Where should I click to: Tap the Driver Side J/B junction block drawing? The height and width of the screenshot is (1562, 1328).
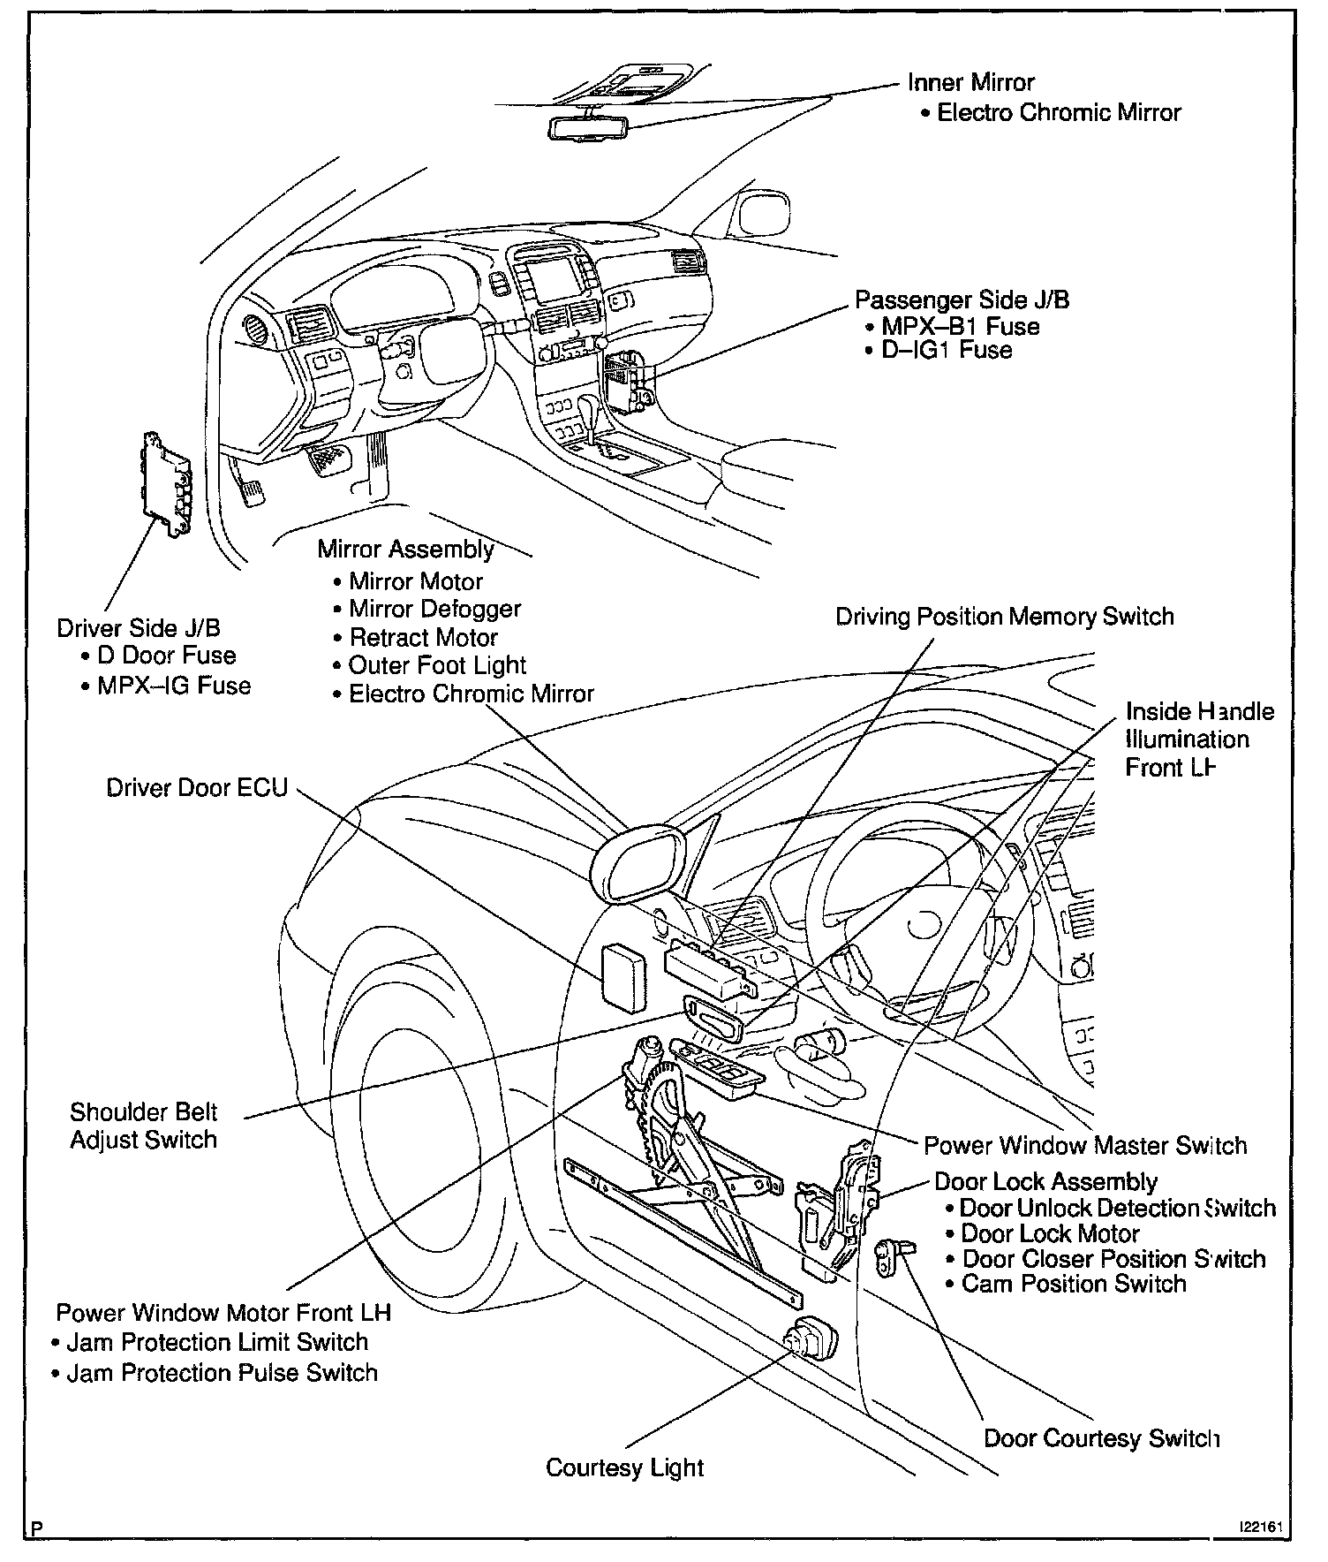click(x=168, y=484)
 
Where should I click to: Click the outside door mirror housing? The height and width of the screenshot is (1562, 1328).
click(x=640, y=861)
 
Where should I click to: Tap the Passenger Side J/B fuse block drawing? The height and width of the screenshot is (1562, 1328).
click(x=628, y=383)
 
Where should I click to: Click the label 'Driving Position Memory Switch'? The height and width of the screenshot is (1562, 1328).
click(x=1005, y=616)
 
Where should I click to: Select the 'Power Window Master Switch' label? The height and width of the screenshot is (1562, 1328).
click(x=1085, y=1146)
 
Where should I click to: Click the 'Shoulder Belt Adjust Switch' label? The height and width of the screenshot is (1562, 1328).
click(x=144, y=1126)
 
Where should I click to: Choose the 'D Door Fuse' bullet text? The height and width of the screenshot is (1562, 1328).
click(x=166, y=656)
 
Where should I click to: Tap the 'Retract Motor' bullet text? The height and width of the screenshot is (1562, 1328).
click(x=423, y=637)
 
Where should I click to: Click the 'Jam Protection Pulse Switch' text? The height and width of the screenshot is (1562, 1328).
click(x=222, y=1373)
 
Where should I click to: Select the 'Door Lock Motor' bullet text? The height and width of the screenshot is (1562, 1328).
click(x=1050, y=1233)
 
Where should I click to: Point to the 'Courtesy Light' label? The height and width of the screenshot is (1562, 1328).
click(x=624, y=1467)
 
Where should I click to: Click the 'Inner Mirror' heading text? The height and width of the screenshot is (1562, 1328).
click(x=970, y=82)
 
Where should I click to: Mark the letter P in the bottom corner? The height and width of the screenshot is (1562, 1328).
click(x=35, y=1527)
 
